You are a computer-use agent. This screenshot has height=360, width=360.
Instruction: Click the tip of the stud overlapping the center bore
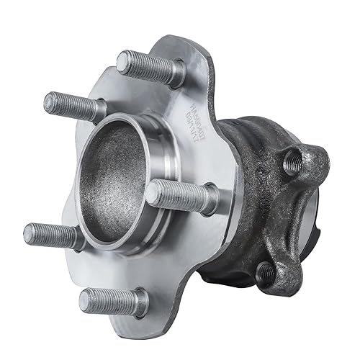pos(152,190)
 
